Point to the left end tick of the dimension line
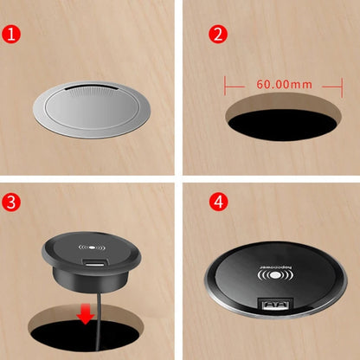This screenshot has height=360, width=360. coord(226,86)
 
